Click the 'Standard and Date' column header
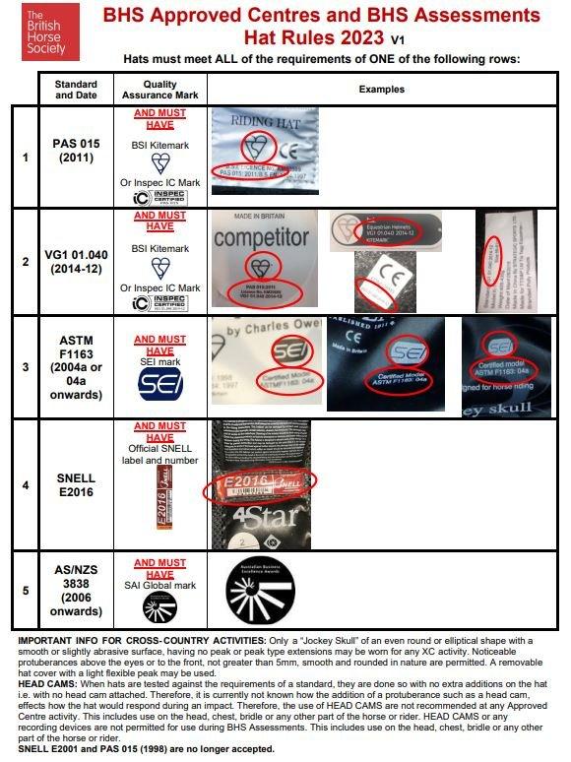pyautogui.click(x=76, y=90)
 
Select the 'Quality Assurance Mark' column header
pyautogui.click(x=160, y=90)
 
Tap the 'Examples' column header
pyautogui.click(x=381, y=90)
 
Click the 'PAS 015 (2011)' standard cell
pyautogui.click(x=76, y=151)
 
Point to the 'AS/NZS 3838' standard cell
pyautogui.click(x=76, y=589)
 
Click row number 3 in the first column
pyautogui.click(x=26, y=365)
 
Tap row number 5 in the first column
pyautogui.click(x=26, y=591)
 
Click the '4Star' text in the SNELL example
pyautogui.click(x=253, y=516)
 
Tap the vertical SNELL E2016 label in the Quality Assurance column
pyautogui.click(x=160, y=500)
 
